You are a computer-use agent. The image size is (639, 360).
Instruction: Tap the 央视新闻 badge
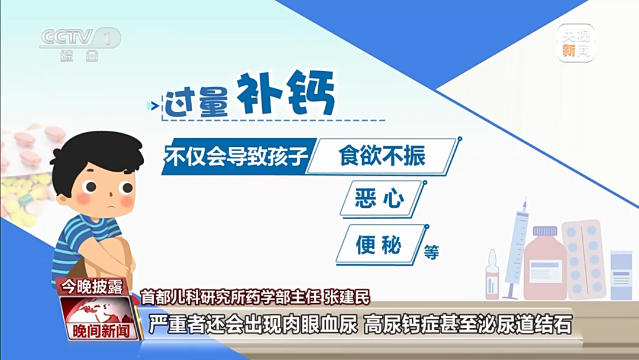(x=575, y=43)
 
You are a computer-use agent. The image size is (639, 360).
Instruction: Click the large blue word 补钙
(x=286, y=95)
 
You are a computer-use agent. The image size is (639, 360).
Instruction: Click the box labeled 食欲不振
(x=382, y=156)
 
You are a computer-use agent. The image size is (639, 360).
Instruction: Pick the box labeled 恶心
(x=380, y=198)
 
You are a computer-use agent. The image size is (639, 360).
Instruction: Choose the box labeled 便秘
(x=379, y=245)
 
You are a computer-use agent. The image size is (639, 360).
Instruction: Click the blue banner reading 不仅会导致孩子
(x=237, y=156)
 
